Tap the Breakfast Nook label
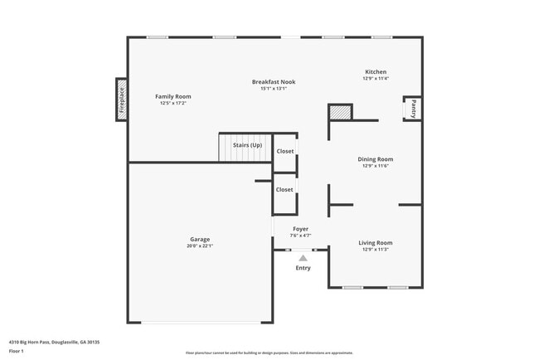[274, 81]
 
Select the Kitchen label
[376, 71]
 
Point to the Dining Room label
[375, 158]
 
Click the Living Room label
[375, 242]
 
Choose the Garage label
[199, 238]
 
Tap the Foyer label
[300, 228]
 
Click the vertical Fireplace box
[121, 100]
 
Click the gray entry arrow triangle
[303, 258]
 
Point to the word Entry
[303, 267]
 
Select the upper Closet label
[284, 151]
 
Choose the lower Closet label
[284, 189]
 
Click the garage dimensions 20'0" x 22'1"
[199, 246]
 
